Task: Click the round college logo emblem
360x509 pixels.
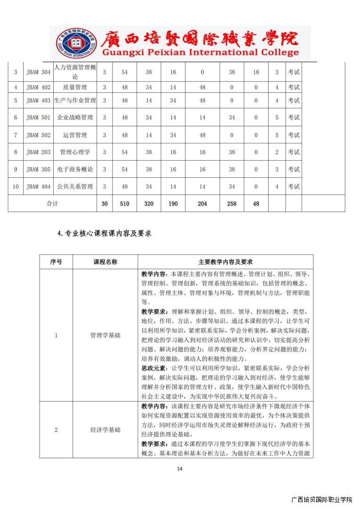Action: click(72, 43)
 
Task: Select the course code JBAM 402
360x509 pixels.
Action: click(38, 87)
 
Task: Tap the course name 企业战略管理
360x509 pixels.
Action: click(75, 117)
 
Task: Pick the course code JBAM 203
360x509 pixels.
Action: click(38, 152)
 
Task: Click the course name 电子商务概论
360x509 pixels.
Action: click(75, 170)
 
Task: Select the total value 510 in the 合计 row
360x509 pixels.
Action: click(125, 204)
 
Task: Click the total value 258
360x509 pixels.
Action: click(231, 204)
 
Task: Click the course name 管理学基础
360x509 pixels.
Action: click(105, 335)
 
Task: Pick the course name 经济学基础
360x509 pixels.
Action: click(105, 430)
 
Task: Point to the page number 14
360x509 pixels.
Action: click(180, 468)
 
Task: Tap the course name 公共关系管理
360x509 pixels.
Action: click(75, 187)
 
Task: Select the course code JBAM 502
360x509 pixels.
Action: click(38, 135)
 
